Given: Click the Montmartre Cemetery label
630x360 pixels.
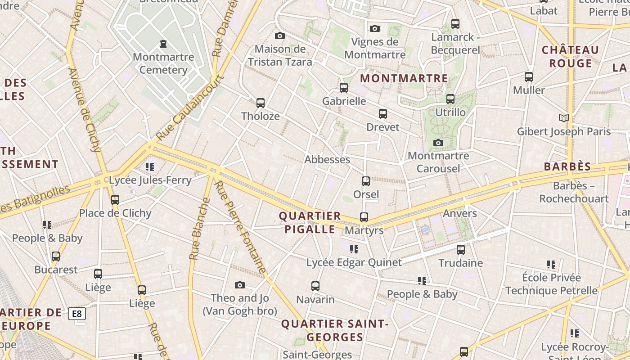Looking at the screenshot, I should (x=163, y=63).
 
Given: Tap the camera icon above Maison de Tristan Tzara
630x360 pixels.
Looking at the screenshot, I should (x=280, y=36).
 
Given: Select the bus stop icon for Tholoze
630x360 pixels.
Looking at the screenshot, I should (x=260, y=103).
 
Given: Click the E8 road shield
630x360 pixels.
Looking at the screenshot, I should (x=77, y=314).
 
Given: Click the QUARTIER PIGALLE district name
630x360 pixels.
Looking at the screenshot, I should (x=310, y=222).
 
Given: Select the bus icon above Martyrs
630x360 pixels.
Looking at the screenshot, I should (x=364, y=217).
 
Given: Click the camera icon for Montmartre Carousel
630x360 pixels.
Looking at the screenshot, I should (x=438, y=143).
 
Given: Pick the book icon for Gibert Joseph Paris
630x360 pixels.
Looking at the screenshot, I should (x=563, y=118).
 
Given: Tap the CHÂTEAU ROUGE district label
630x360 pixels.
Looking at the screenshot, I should (x=570, y=56).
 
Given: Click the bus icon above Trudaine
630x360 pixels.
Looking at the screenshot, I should (x=460, y=249).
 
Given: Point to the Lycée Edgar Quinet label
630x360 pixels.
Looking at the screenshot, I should (x=354, y=262).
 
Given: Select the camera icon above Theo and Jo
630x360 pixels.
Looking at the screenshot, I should (x=240, y=285).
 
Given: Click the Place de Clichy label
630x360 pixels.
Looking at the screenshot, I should (x=115, y=213).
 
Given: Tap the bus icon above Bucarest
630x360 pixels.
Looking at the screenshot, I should (x=56, y=256).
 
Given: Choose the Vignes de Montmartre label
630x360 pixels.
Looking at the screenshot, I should (x=375, y=48).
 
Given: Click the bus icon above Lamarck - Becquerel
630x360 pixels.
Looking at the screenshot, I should (x=455, y=24).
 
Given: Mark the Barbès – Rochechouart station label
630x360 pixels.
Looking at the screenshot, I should (x=574, y=192).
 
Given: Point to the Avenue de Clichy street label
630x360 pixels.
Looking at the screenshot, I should (x=85, y=110).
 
